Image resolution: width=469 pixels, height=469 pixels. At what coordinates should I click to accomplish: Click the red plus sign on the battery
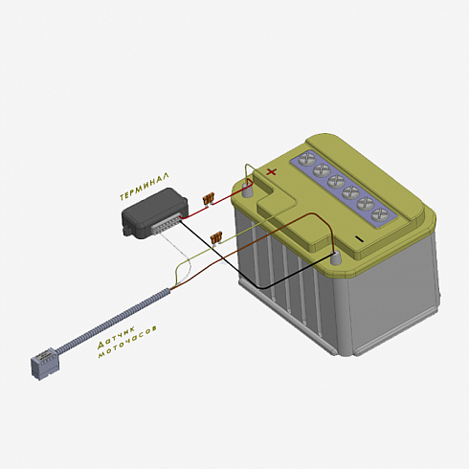pyautogui.click(x=271, y=172)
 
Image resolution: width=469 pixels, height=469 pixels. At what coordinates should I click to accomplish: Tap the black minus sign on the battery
pyautogui.click(x=359, y=238)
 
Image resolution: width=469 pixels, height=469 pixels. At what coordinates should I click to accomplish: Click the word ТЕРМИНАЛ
pyautogui.click(x=145, y=187)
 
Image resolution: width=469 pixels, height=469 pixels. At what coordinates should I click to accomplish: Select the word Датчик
pyautogui.click(x=117, y=338)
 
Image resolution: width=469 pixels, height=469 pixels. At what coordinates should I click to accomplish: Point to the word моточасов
pyautogui.click(x=127, y=342)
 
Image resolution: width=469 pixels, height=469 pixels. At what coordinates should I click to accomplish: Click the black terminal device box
pyautogui.click(x=154, y=213)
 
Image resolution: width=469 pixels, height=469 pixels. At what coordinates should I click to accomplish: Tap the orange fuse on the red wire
pyautogui.click(x=209, y=200)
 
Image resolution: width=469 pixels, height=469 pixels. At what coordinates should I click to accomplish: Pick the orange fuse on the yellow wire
pyautogui.click(x=216, y=237)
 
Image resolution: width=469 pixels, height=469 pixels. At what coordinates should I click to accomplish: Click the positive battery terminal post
pyautogui.click(x=247, y=190)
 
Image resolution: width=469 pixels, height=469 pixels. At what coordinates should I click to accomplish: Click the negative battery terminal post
pyautogui.click(x=335, y=257)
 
